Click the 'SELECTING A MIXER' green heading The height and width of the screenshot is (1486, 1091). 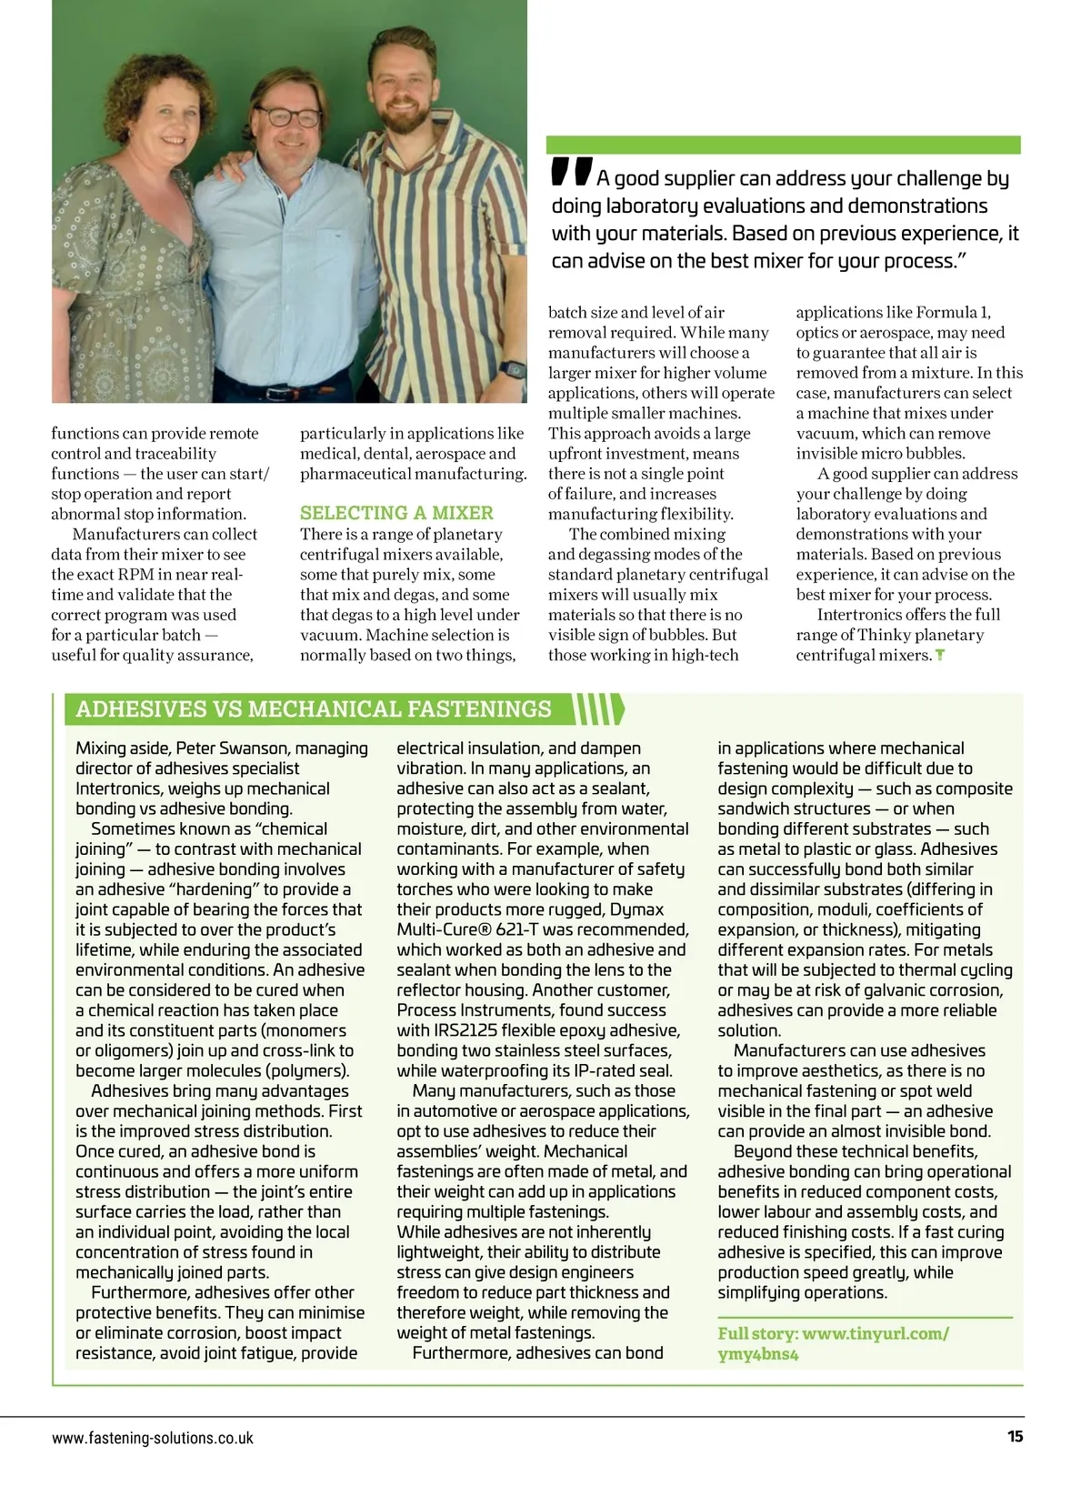click(396, 513)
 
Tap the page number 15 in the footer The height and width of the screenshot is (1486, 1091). click(1015, 1437)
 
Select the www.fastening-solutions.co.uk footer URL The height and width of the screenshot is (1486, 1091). click(153, 1438)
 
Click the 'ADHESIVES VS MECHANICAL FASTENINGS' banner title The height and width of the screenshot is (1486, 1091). click(314, 709)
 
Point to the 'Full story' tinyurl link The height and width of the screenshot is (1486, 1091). click(834, 1343)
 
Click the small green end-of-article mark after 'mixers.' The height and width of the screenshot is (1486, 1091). click(939, 655)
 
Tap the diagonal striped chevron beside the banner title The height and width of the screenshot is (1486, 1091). click(600, 709)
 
